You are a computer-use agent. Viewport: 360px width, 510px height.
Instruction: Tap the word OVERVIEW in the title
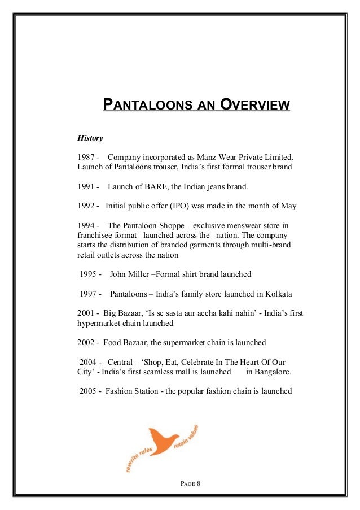click(x=256, y=105)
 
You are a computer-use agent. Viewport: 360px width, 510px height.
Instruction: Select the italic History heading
click(x=90, y=137)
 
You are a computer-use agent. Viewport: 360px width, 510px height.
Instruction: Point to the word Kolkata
click(x=276, y=294)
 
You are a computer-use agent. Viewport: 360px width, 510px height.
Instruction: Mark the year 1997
click(x=89, y=294)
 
